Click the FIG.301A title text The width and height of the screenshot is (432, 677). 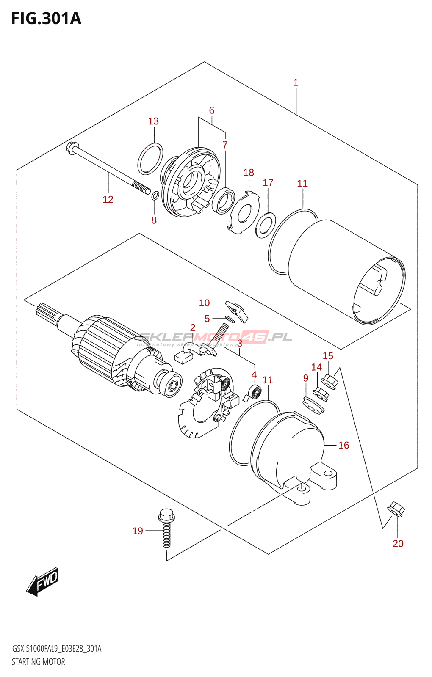click(x=46, y=19)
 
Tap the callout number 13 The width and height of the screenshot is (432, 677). click(x=153, y=121)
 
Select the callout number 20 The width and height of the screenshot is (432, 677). click(x=398, y=544)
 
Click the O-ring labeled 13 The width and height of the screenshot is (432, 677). click(x=150, y=159)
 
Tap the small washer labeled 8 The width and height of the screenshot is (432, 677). click(x=155, y=195)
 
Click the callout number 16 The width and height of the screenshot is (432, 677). click(x=343, y=445)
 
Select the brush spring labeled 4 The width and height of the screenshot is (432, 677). click(x=255, y=391)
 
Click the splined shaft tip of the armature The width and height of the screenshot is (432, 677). click(x=44, y=313)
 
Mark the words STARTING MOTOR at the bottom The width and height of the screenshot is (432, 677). click(x=39, y=662)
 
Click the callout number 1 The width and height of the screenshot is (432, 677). click(x=296, y=83)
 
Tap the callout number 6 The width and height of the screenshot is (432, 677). click(x=212, y=110)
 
